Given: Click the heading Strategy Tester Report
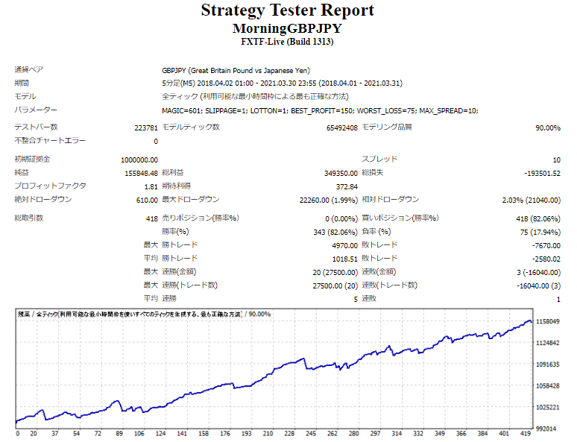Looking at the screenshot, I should tap(288, 10).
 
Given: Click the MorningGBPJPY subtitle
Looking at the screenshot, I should tap(288, 28).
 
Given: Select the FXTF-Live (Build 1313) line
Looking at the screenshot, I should tap(288, 42).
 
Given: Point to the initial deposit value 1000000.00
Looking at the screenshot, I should tap(139, 160).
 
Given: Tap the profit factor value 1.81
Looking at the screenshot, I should tap(151, 186).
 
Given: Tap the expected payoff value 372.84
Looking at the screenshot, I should tap(347, 186).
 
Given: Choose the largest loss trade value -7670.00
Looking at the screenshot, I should tap(545, 245).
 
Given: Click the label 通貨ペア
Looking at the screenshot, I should tap(29, 70).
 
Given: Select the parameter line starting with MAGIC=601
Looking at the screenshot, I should tap(320, 110).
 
